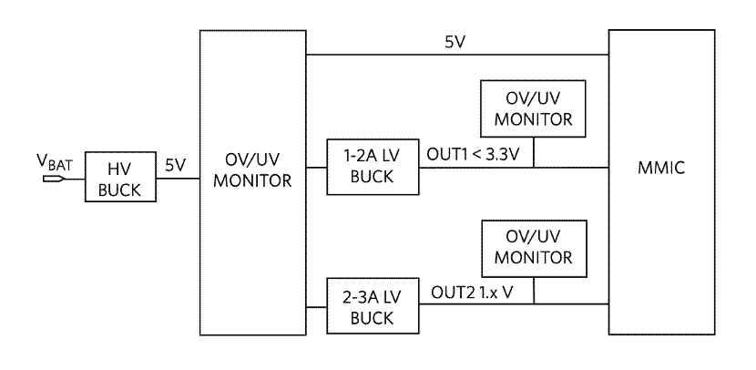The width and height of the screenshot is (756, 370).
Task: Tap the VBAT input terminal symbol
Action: click(53, 179)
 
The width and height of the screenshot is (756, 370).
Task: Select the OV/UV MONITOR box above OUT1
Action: click(533, 108)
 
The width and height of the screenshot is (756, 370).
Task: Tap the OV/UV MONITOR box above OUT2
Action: click(533, 247)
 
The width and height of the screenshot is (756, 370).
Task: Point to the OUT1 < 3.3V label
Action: click(474, 154)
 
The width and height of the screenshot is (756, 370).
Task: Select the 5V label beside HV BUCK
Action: click(176, 165)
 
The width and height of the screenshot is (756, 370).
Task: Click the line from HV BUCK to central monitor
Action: click(178, 179)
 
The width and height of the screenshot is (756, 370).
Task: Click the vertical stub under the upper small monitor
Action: click(533, 153)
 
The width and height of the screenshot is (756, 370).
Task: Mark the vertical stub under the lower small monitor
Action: click(533, 292)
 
